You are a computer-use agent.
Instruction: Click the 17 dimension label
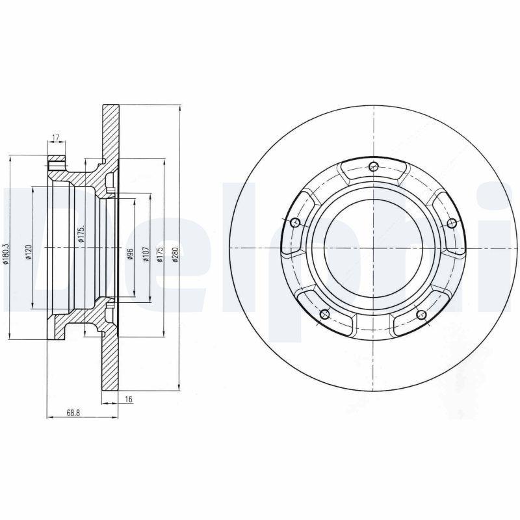tap(55, 137)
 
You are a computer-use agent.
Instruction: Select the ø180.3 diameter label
tap(6, 253)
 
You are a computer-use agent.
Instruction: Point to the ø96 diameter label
tap(130, 253)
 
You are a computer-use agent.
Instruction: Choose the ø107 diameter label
tap(146, 253)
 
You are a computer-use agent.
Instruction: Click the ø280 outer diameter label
tap(175, 254)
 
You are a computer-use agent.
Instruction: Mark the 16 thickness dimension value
tap(129, 399)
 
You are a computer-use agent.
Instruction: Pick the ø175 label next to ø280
tap(159, 253)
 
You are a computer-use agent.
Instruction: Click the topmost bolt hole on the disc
tap(373, 166)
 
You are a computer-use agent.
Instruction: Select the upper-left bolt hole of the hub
tap(295, 223)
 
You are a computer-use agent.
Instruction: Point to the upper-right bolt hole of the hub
tap(451, 223)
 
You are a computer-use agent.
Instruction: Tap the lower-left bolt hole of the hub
tap(325, 316)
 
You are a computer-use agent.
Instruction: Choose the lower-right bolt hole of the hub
tap(421, 316)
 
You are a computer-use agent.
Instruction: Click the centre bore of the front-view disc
tap(373, 248)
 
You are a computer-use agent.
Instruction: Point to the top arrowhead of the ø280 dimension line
tap(179, 107)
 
